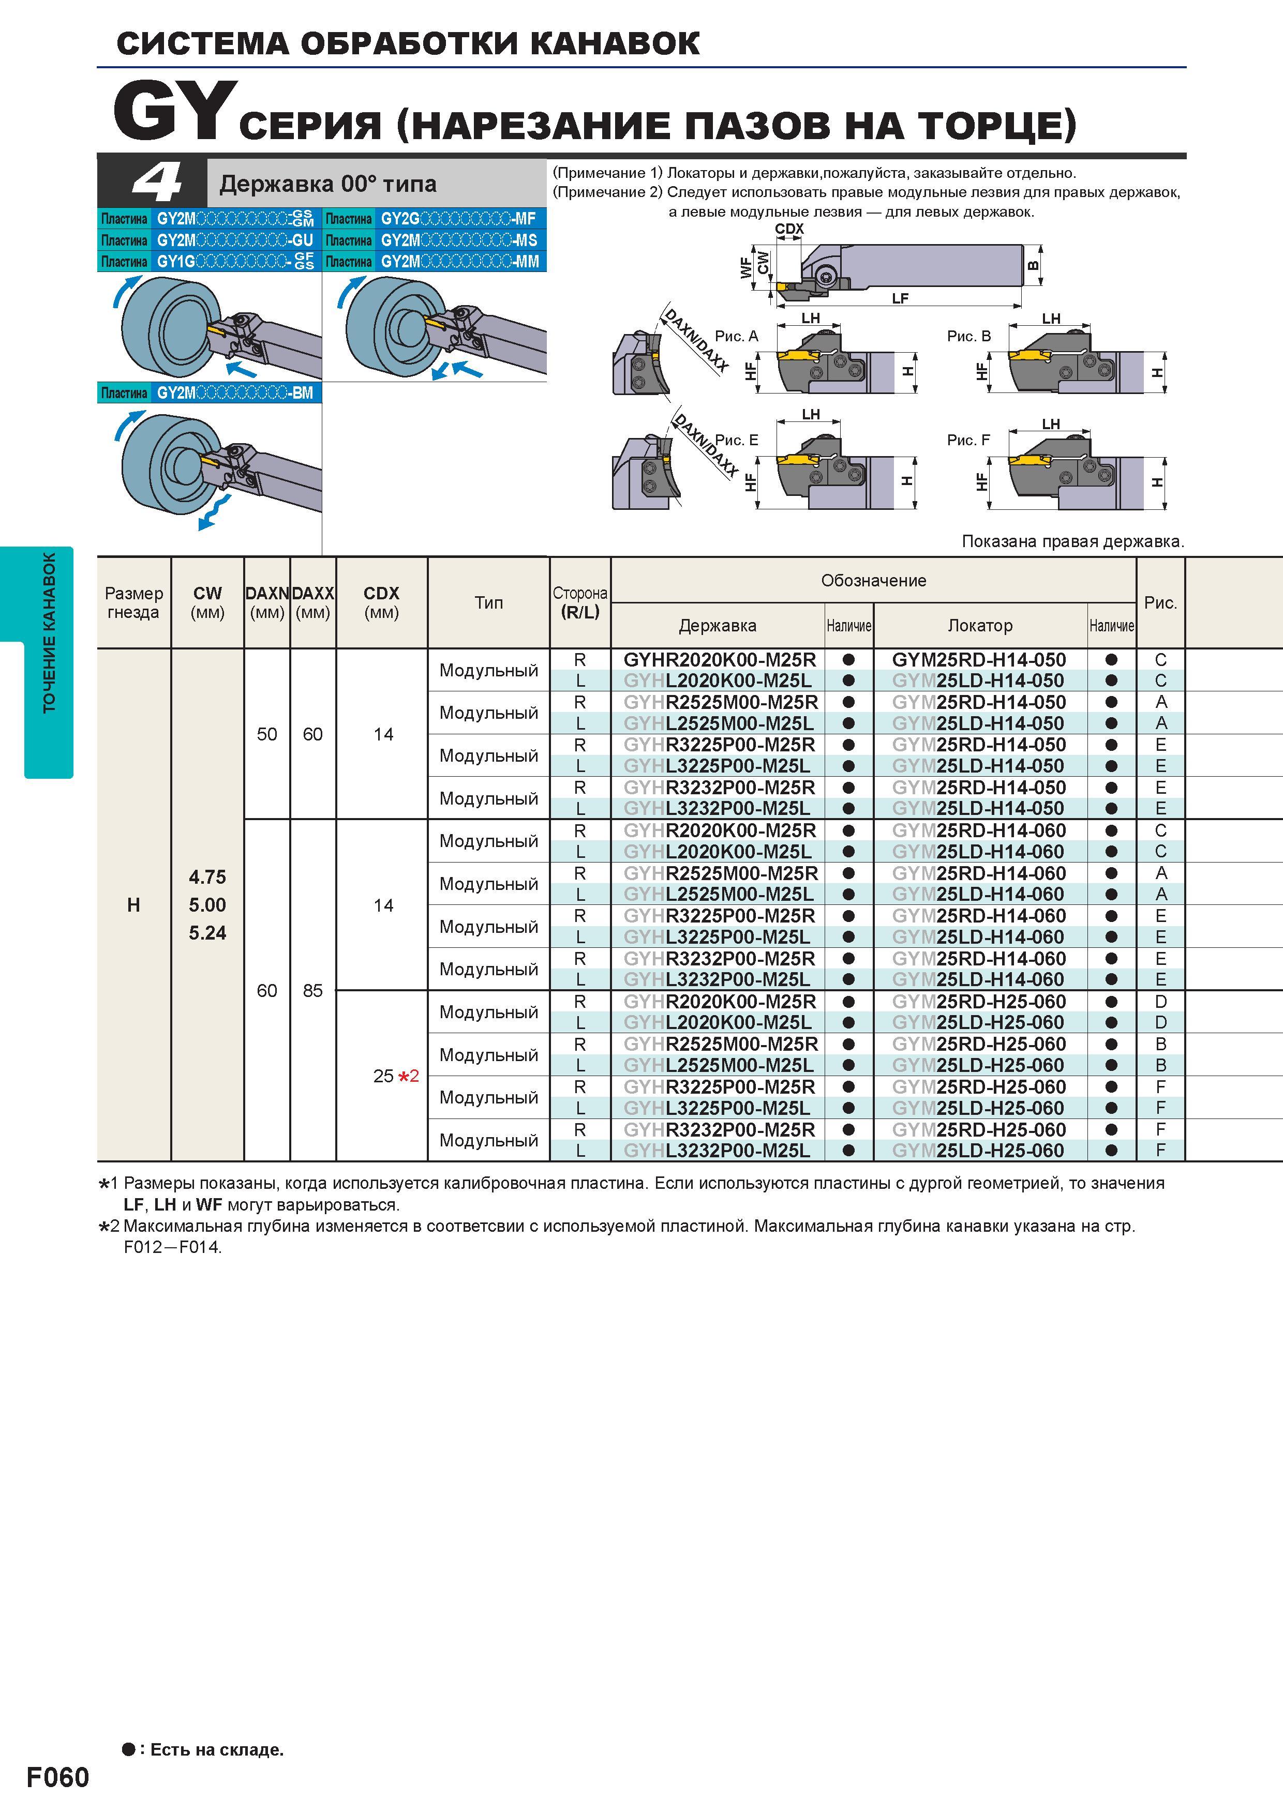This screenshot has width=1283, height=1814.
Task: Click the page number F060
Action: pos(58,1777)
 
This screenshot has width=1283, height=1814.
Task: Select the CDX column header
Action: pos(381,602)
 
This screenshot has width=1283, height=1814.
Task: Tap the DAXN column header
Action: pos(267,602)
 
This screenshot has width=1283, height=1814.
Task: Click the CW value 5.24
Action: pos(207,933)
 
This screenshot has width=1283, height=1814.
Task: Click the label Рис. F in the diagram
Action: pos(968,440)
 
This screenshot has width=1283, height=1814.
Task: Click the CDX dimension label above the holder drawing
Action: pos(789,229)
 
